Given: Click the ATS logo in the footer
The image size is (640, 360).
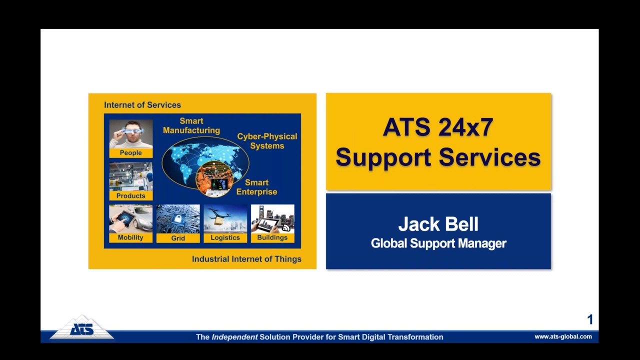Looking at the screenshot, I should click(81, 328).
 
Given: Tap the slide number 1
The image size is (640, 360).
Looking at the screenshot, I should click(590, 319).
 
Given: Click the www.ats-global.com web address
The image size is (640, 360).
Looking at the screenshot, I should click(563, 337).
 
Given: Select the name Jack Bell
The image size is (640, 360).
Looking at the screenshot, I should click(438, 224).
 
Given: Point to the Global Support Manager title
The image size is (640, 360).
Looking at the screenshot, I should click(438, 243).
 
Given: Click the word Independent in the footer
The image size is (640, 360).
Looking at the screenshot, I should click(234, 337).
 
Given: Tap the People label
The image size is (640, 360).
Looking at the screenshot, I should click(130, 153).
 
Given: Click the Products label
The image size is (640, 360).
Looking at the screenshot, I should click(130, 196).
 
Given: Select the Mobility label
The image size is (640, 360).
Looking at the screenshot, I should click(130, 237).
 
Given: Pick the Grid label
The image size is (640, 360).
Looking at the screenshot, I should click(178, 238).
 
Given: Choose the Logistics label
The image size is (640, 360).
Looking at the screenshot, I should click(225, 237).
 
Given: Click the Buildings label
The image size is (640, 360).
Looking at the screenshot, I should click(272, 237).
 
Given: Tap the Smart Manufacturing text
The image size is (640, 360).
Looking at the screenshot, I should click(191, 125).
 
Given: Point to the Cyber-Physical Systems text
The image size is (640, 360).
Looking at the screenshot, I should click(267, 141).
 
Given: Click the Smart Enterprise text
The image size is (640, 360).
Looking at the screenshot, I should click(256, 187).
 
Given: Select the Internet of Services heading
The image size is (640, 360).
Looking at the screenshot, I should click(142, 105).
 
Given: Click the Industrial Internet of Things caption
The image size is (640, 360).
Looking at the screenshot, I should click(246, 259).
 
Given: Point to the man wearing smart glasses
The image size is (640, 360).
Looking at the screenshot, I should click(130, 133).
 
